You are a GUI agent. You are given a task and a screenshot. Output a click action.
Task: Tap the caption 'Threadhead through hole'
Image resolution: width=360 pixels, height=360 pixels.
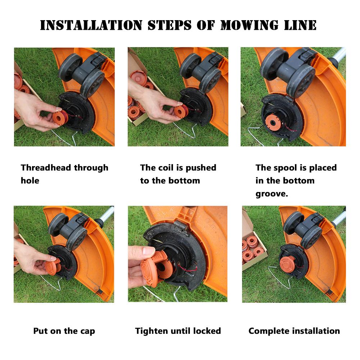point(64,174)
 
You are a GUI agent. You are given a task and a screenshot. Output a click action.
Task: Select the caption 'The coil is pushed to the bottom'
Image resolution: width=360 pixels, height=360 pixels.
point(178,174)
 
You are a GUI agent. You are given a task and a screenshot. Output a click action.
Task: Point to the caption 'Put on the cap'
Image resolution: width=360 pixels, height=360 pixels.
point(64,331)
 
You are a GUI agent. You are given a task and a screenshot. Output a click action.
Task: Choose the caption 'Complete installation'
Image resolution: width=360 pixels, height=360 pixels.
point(294,331)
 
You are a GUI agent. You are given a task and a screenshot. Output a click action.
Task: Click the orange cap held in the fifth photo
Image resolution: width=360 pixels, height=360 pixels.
point(155,268)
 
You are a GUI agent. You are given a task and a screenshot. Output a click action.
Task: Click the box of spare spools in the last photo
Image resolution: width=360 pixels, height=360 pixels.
point(254,248)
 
